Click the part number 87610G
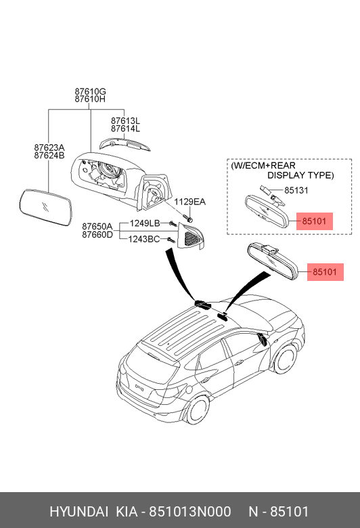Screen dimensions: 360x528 point(90,91)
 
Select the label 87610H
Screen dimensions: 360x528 point(90,99)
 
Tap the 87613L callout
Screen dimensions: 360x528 point(125,120)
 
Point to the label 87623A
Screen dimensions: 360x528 point(49,148)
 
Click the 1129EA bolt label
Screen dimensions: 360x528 point(189,202)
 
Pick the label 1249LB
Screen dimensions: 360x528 point(145,223)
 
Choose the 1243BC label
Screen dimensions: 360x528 point(144,239)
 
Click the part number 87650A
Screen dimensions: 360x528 point(97,226)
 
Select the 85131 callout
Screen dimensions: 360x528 point(296,190)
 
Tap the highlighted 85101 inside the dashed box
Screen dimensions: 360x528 point(315,221)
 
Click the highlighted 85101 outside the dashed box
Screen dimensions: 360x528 point(325,272)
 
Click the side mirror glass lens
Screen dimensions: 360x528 point(45,207)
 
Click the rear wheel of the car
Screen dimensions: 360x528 point(198,410)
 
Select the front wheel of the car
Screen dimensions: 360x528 point(286,358)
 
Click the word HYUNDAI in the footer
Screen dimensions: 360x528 point(78,512)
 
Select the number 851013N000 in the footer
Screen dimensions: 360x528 point(190,512)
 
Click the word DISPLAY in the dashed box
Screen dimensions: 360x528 point(288,175)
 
